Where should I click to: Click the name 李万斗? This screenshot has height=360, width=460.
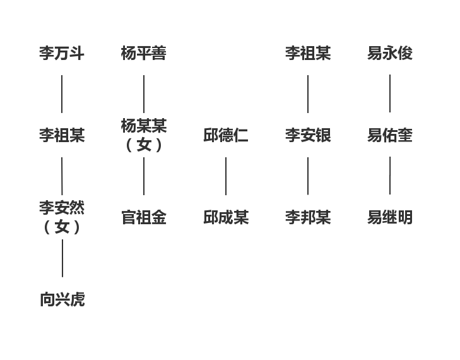click(x=62, y=54)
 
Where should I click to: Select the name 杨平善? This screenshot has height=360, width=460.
click(x=144, y=54)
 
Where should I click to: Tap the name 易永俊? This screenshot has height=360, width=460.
click(x=390, y=54)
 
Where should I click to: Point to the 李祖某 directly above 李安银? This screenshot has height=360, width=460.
click(x=308, y=54)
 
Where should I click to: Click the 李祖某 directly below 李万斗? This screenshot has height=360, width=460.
click(x=62, y=136)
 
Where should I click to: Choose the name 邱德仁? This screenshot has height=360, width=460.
click(x=226, y=136)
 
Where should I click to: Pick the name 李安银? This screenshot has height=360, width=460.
click(x=308, y=136)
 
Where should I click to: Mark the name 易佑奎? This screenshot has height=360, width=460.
click(x=390, y=136)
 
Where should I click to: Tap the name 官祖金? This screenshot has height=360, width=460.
click(x=144, y=218)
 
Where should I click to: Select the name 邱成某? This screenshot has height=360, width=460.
click(x=226, y=218)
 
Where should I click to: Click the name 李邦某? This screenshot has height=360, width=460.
click(x=308, y=218)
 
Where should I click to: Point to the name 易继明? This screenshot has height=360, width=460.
click(x=390, y=218)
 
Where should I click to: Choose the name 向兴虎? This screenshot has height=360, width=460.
click(x=62, y=300)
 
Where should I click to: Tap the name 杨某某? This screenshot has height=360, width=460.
click(x=144, y=126)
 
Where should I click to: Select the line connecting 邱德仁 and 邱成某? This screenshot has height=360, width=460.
click(x=226, y=176)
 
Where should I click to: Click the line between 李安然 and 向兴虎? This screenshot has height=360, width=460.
click(x=62, y=258)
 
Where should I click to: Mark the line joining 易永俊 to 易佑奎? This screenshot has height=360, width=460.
click(x=390, y=93)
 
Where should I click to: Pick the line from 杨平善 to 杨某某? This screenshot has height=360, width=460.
click(x=144, y=93)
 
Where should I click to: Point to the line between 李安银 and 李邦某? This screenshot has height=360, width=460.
click(x=308, y=176)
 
